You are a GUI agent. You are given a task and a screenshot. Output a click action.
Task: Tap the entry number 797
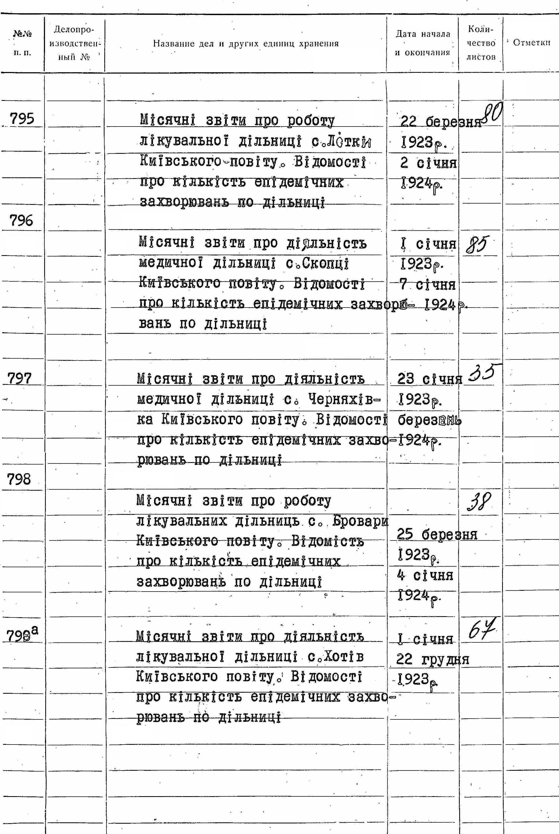tap(20, 378)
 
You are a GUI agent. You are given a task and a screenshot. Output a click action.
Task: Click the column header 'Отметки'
tap(531, 43)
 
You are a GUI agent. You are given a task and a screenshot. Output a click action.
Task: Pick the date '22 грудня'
tap(432, 660)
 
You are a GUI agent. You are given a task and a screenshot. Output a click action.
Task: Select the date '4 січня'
tap(425, 575)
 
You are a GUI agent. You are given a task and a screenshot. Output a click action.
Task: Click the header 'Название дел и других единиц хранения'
tap(246, 44)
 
